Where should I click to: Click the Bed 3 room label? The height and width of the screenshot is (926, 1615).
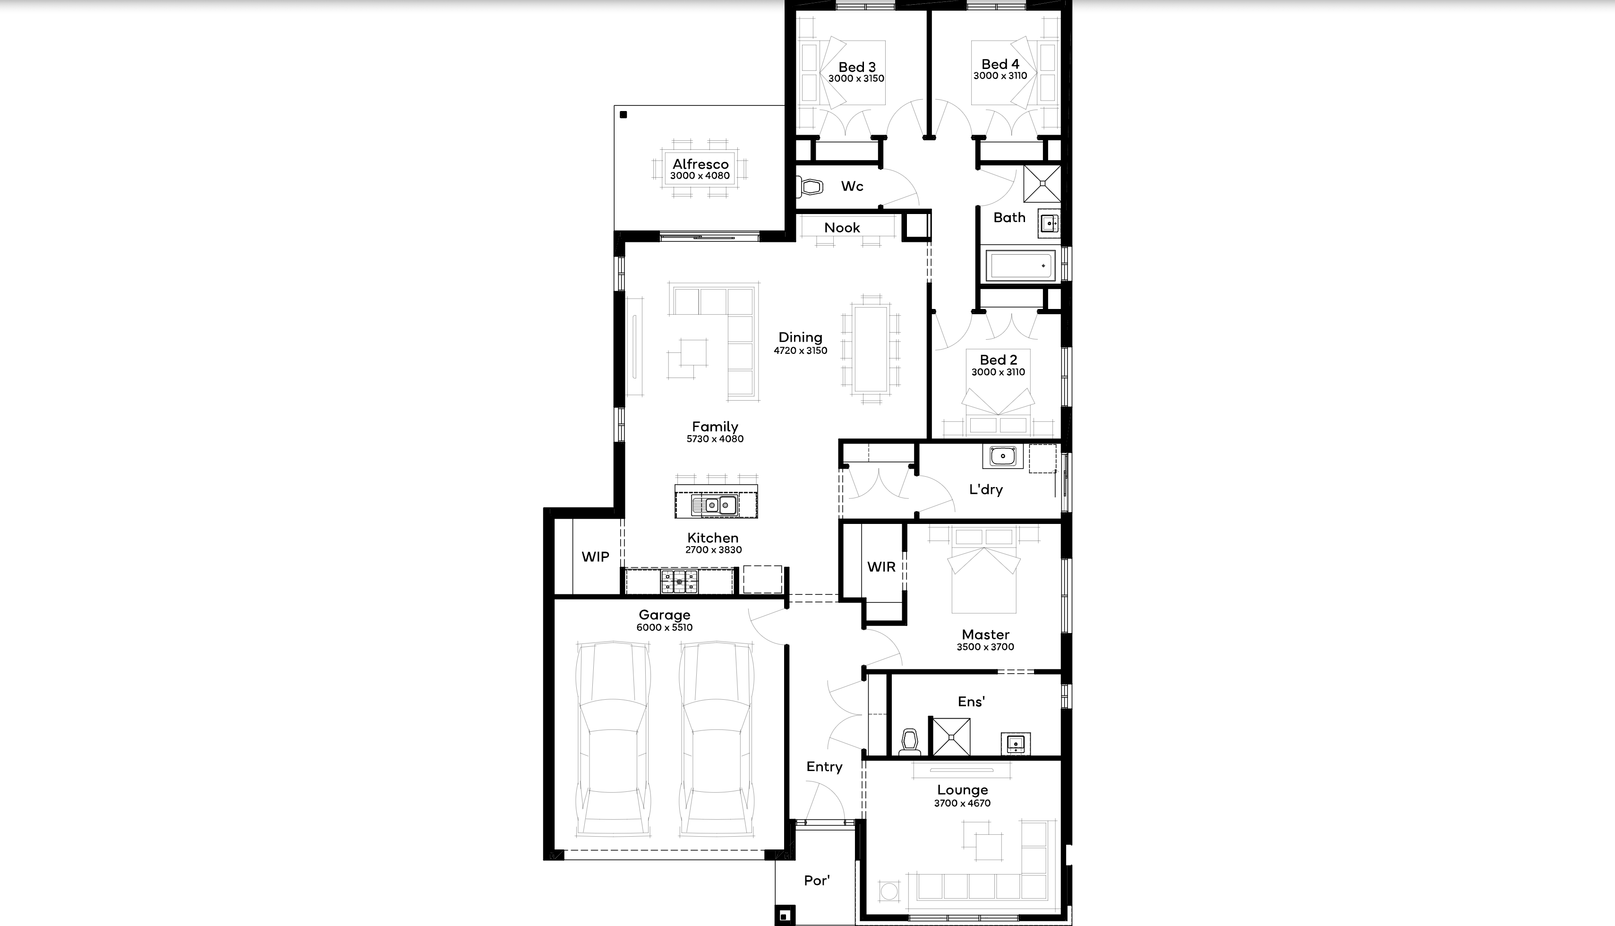[x=856, y=67]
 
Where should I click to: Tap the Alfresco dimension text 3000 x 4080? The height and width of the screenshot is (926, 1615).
[x=700, y=176]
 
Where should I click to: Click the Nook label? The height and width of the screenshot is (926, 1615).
[x=842, y=228]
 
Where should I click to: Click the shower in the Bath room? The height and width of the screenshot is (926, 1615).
[x=1042, y=184]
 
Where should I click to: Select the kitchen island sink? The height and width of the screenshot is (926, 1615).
[x=715, y=506]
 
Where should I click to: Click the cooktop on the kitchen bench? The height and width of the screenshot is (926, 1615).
[x=679, y=581]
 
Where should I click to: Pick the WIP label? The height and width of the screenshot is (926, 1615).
[x=595, y=557]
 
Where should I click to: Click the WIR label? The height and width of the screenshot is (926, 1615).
[x=881, y=566]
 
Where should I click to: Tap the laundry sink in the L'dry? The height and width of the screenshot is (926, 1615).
[x=1003, y=456]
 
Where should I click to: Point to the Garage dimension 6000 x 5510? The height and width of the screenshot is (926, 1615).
[x=665, y=627]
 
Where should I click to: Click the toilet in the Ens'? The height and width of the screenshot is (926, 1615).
[x=910, y=742]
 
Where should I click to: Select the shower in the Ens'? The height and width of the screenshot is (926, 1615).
[x=951, y=737]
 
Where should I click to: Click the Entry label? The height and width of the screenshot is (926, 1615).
[x=824, y=767]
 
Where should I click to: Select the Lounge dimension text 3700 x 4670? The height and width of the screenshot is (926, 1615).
[x=962, y=803]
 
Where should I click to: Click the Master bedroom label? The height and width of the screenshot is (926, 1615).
[x=985, y=634]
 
